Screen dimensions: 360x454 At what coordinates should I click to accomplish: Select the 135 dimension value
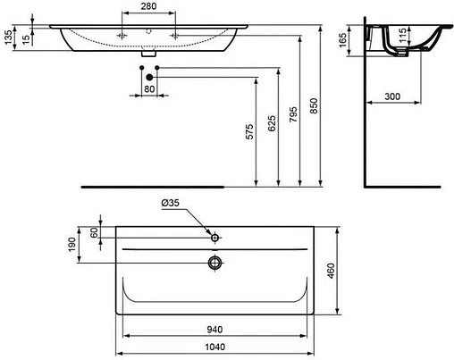pos(8,37)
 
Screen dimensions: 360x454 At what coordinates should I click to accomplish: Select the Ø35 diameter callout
pos(171,205)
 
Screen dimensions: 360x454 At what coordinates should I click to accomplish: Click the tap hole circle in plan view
pos(214,239)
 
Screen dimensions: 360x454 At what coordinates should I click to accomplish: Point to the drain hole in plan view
pos(214,262)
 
